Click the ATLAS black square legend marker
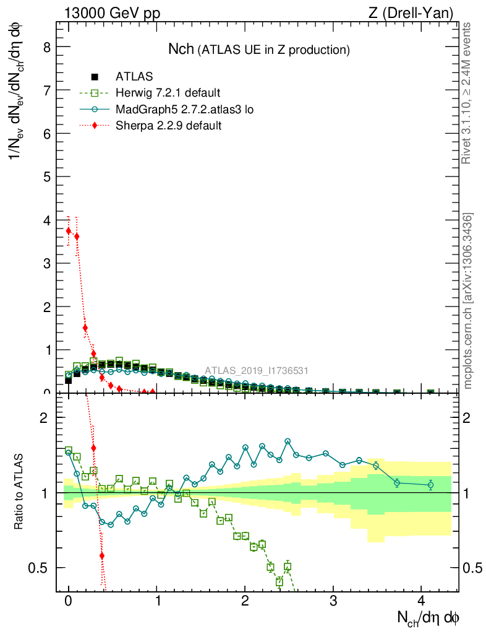point(95,77)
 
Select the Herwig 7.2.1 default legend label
point(168,93)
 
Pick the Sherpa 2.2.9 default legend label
point(168,126)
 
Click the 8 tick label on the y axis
point(46,47)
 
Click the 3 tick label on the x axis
point(333,601)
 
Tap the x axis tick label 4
point(422,601)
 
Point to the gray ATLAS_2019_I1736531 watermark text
point(257,371)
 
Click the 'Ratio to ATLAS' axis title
point(20,492)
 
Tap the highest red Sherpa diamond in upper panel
point(69,230)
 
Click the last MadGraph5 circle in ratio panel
point(431,485)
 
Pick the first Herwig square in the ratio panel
point(69,450)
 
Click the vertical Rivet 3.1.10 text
point(467,93)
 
